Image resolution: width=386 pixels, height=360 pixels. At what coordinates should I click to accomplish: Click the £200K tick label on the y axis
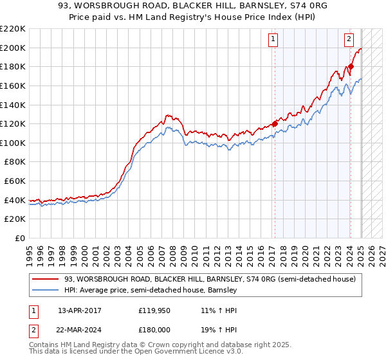point(13,48)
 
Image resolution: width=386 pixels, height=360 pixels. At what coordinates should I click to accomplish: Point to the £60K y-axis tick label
point(15,181)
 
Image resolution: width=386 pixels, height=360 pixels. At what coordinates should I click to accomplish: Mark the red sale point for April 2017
point(275,123)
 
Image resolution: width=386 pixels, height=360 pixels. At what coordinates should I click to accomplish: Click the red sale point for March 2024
point(351,66)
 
